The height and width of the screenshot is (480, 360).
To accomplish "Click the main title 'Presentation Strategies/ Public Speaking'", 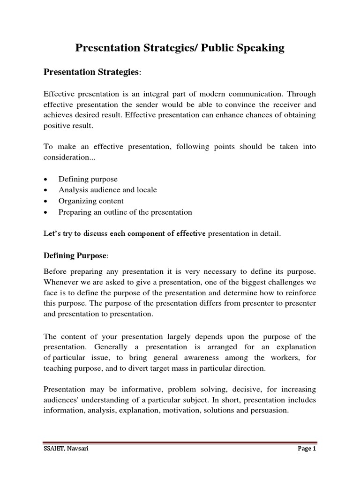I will (x=180, y=48).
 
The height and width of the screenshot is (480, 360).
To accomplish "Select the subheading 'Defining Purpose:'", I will (x=75, y=255).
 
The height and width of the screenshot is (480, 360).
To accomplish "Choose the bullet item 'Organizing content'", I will (x=91, y=201).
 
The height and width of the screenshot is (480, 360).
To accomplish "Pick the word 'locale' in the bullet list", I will (x=146, y=190).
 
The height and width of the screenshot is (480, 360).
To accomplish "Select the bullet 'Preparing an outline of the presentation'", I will (x=125, y=212).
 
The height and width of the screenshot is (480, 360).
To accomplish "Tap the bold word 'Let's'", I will (x=52, y=234).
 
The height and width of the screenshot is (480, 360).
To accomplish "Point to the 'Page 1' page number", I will (x=307, y=448).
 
